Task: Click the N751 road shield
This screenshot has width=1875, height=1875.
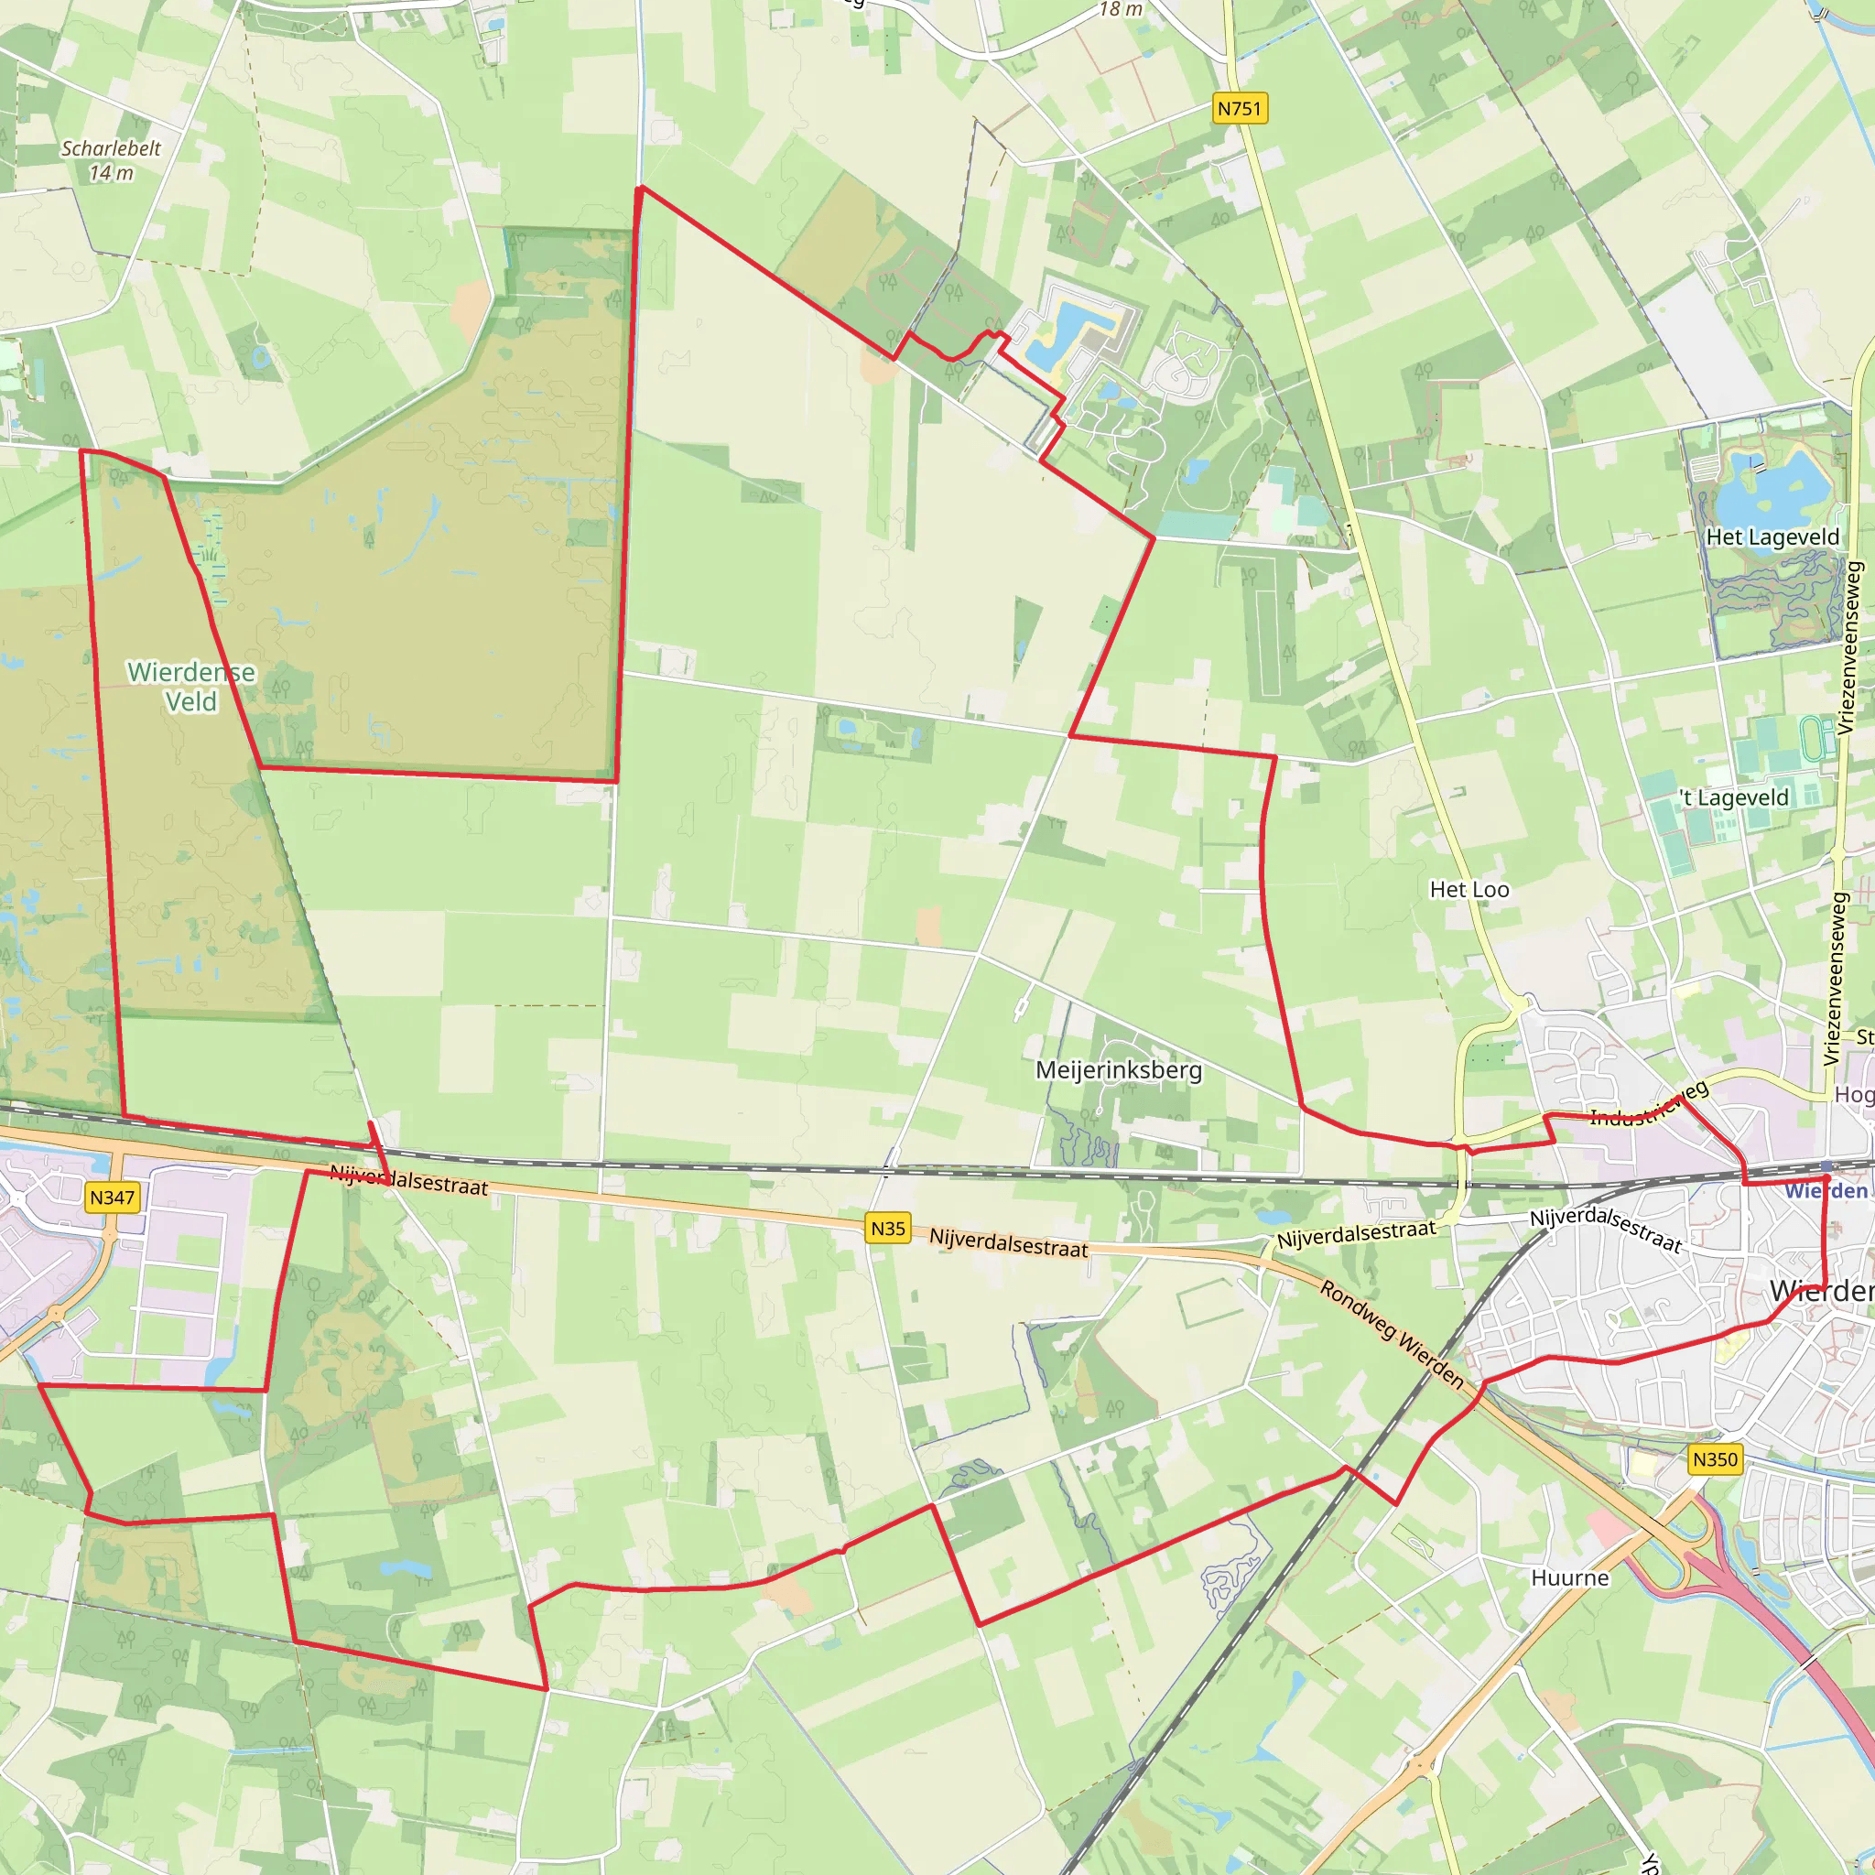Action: click(x=1240, y=109)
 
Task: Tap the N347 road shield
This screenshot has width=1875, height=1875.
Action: click(x=112, y=1198)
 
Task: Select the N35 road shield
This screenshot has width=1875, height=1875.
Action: click(x=887, y=1229)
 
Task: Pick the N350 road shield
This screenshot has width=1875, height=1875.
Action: click(x=1715, y=1458)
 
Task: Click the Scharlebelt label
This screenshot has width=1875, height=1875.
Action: click(x=111, y=148)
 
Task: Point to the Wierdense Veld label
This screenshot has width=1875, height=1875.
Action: click(x=191, y=686)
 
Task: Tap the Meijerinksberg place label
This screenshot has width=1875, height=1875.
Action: click(x=1118, y=1069)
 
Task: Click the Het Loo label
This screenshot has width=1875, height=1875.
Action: click(x=1469, y=889)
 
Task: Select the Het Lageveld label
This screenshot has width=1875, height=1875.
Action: click(x=1772, y=536)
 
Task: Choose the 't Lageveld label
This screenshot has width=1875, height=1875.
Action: click(x=1733, y=797)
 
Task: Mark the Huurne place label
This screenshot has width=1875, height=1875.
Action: click(x=1569, y=1578)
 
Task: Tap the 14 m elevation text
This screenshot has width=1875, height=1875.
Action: click(x=111, y=174)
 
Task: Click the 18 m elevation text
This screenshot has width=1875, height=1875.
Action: click(x=1120, y=10)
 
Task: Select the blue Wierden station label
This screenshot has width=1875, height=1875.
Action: click(x=1826, y=1191)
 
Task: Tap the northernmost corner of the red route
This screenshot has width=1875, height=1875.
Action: click(x=640, y=188)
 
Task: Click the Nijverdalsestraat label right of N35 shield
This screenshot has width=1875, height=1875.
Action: click(x=1008, y=1243)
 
